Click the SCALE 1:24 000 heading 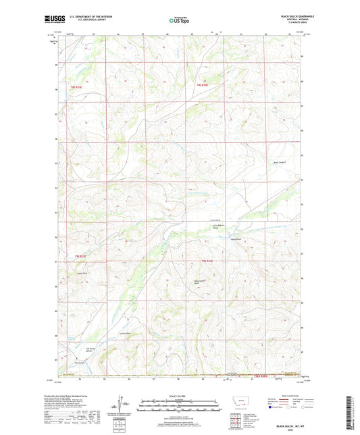(180, 396)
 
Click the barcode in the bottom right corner (349, 412)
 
